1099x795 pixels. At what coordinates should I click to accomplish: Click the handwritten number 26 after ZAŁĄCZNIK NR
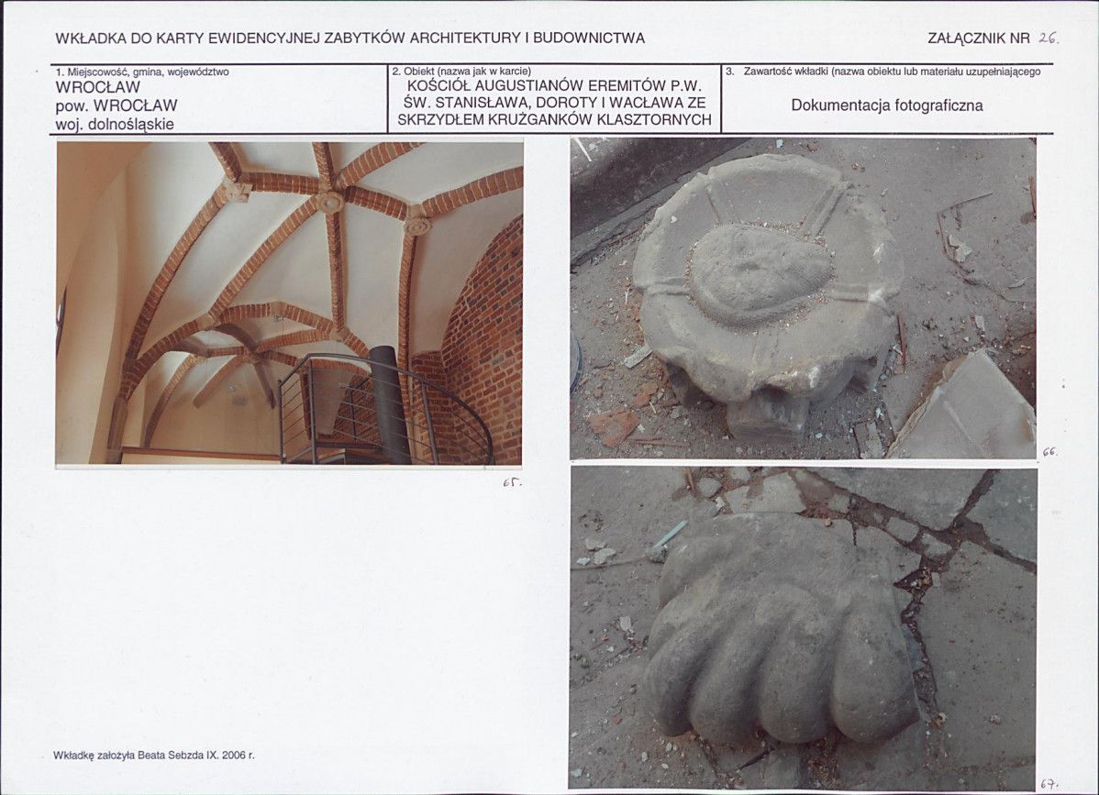point(1048,39)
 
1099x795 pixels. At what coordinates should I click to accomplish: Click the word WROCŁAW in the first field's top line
point(98,87)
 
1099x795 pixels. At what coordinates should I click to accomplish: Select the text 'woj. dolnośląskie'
point(115,125)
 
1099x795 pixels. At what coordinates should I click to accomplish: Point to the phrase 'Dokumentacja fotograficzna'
point(886,105)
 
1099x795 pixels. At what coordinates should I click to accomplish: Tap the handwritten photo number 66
point(1049,452)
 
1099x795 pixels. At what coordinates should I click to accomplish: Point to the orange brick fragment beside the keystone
point(614,425)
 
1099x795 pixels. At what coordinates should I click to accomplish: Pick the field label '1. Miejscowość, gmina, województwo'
point(142,72)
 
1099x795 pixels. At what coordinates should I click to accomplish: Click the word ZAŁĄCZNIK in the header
point(967,39)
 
